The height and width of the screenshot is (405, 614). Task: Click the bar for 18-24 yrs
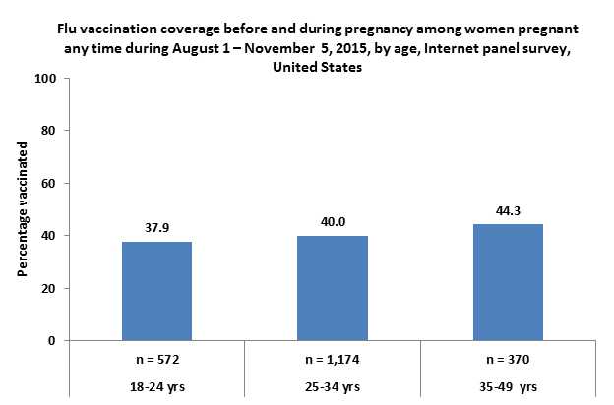coord(156,291)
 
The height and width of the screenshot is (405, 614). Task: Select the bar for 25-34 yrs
coord(333,288)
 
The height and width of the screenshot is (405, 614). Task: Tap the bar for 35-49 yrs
coord(508,282)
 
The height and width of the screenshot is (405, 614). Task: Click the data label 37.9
coord(156,226)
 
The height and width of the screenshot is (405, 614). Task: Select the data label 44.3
coord(508,209)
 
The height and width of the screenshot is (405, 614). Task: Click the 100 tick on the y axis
coord(45,78)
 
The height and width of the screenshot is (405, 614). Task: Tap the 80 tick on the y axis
coord(48,131)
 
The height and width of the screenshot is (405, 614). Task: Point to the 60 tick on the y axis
coord(48,183)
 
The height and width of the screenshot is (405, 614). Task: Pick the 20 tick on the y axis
coord(48,288)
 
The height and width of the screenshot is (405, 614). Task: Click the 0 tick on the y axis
coord(51,341)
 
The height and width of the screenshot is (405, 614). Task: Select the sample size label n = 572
coord(156,361)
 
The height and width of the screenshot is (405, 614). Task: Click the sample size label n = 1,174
coord(333,361)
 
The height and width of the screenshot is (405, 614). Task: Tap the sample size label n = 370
coord(508,361)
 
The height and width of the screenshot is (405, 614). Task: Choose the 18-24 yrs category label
coord(156,387)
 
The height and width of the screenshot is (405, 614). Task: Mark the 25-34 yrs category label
coord(333,387)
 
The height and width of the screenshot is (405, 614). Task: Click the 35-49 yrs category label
coord(508,387)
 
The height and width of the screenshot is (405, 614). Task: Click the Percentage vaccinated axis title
coord(21,209)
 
